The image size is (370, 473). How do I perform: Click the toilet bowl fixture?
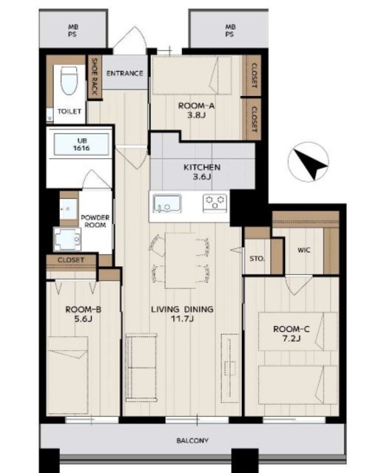pyautogui.click(x=69, y=81)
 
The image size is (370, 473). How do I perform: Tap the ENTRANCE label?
pyautogui.click(x=125, y=73)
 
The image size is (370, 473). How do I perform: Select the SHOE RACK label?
pyautogui.click(x=95, y=76)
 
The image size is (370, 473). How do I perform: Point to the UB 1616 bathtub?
pyautogui.click(x=81, y=145)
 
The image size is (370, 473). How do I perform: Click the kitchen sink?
pyautogui.click(x=167, y=203)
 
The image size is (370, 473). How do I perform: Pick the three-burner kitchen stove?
pyautogui.click(x=215, y=203)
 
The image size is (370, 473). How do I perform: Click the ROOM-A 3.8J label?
pyautogui.click(x=196, y=110)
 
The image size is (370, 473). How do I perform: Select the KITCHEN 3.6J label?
pyautogui.click(x=202, y=171)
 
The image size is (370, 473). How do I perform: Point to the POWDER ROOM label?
pyautogui.click(x=95, y=221)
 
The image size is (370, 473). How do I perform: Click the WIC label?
pyautogui.click(x=304, y=250)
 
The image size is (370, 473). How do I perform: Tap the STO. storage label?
pyautogui.click(x=258, y=259)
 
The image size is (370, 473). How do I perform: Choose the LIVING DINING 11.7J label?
pyautogui.click(x=182, y=313)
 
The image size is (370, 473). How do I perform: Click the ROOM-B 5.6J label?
pyautogui.click(x=83, y=314)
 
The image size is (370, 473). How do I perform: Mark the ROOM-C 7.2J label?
pyautogui.click(x=291, y=333)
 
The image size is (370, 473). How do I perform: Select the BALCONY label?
pyautogui.click(x=192, y=440)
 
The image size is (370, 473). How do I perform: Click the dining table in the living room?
pyautogui.click(x=181, y=261)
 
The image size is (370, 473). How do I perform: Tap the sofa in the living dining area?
pyautogui.click(x=141, y=367)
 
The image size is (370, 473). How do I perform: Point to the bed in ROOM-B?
pyautogui.click(x=67, y=375)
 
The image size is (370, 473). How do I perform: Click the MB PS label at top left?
pyautogui.click(x=73, y=31)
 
